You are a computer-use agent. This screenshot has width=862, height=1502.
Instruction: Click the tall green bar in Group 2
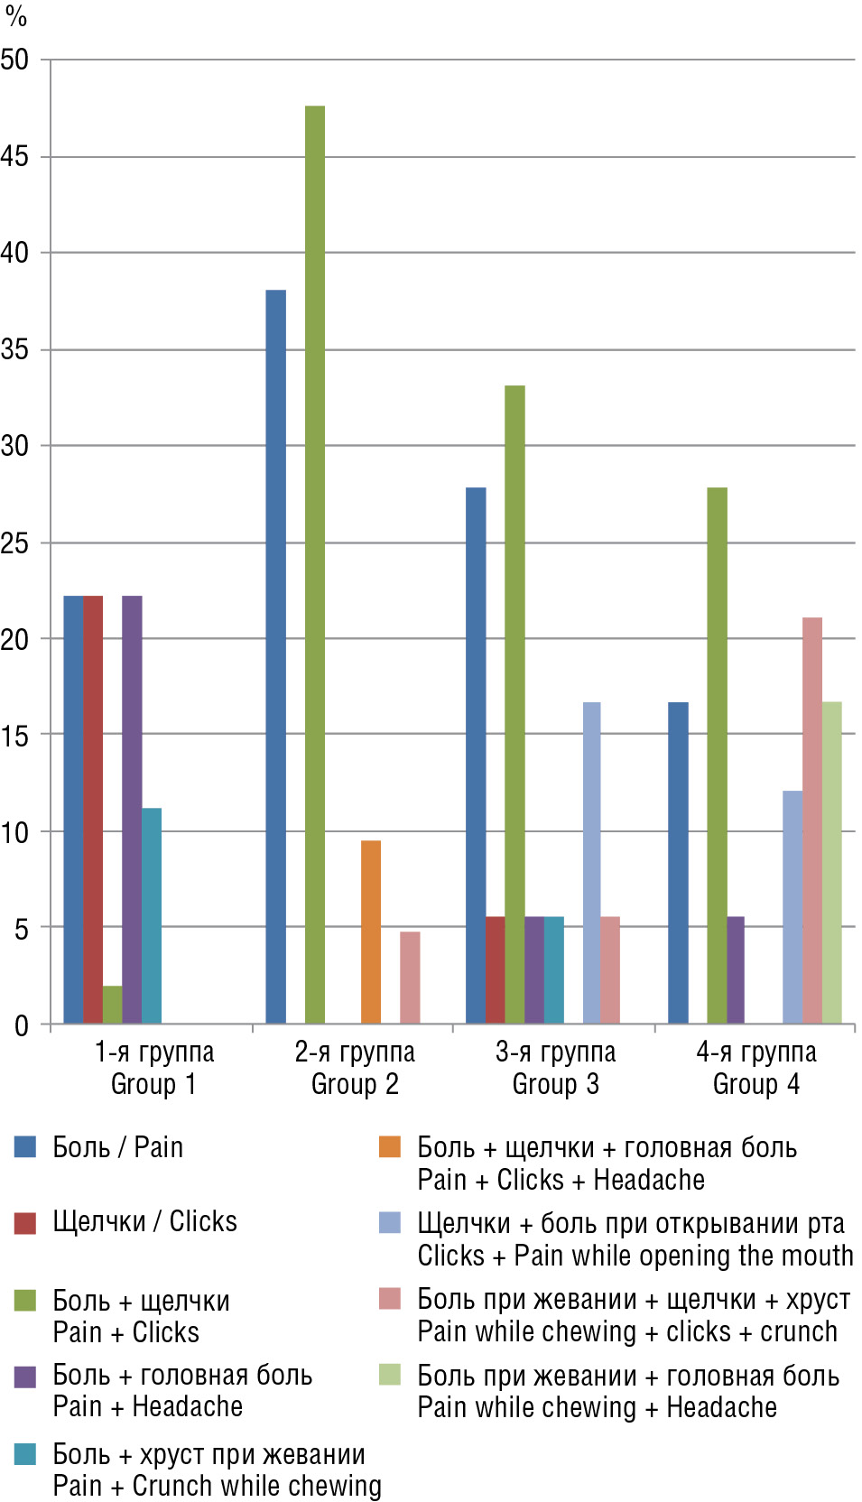tap(315, 564)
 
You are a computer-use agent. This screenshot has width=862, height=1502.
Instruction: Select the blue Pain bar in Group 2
tap(275, 656)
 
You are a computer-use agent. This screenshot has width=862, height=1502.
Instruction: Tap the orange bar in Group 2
tap(371, 932)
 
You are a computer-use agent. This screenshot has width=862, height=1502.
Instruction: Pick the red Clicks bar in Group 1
tap(93, 809)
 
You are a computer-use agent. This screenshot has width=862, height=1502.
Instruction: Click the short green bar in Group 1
tap(112, 1005)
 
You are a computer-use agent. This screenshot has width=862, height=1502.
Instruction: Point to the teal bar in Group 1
tap(152, 915)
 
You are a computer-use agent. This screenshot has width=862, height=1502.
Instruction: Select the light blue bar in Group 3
tap(591, 862)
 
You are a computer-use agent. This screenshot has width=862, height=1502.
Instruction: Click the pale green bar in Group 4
tap(831, 862)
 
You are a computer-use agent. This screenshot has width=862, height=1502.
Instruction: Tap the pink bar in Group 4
tap(812, 820)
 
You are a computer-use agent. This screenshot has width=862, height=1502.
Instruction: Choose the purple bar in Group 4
tap(736, 969)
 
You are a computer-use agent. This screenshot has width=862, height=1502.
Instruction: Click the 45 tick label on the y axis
tap(14, 156)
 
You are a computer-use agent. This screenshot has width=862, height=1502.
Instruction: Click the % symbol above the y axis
tap(16, 16)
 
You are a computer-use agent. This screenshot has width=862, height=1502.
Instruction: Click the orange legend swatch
tap(390, 1146)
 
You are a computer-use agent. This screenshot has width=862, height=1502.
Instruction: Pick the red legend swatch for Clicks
tap(25, 1222)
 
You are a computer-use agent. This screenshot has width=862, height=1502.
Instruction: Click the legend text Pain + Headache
tap(148, 1406)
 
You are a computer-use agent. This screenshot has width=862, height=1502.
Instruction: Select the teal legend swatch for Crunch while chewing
tap(25, 1453)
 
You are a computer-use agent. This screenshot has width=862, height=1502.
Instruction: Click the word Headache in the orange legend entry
tap(649, 1180)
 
